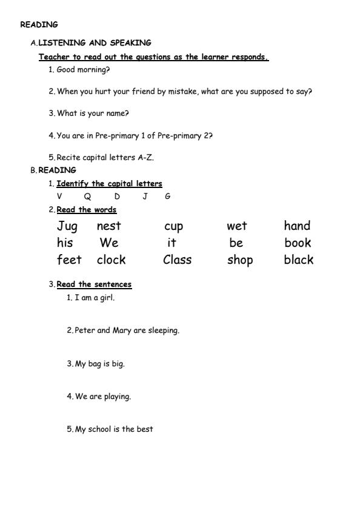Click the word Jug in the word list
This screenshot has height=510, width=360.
67,226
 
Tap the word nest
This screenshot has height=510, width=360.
108,226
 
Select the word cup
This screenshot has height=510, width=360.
173,227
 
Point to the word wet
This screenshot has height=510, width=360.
236,226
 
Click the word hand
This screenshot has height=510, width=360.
297,226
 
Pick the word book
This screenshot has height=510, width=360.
298,243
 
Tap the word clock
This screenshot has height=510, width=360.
111,260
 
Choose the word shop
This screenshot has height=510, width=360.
239,261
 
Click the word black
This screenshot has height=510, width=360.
298,260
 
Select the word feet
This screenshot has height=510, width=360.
69,260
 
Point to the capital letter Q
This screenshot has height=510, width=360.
88,196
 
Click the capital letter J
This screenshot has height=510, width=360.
145,196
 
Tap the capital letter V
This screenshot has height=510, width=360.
59,196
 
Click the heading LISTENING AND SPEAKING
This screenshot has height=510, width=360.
95,43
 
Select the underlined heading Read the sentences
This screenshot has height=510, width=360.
94,284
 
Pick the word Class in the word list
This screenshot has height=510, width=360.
177,260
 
